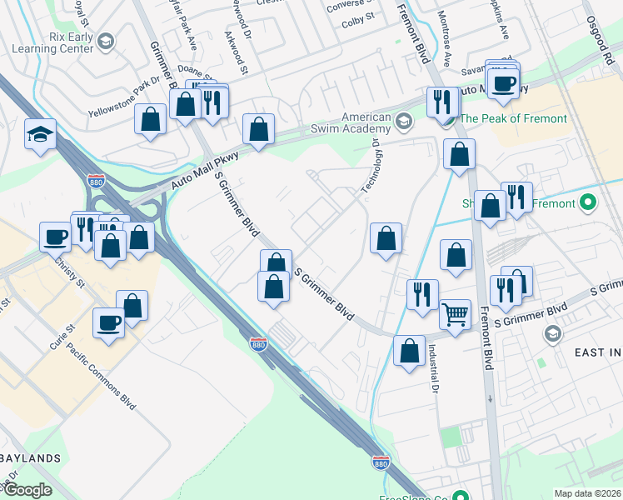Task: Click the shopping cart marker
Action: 455,316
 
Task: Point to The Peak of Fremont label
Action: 513,119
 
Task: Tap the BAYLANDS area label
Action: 30,458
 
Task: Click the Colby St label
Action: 358,22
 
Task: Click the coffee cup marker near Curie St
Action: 108,322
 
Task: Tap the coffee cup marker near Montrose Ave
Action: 504,83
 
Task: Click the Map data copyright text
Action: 587,493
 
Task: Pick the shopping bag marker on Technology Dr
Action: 386,239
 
